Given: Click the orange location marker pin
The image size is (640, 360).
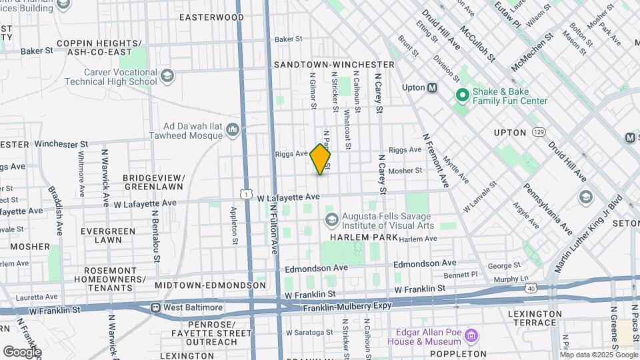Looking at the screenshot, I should click(x=320, y=159).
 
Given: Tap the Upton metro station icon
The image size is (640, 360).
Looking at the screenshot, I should click(x=433, y=88).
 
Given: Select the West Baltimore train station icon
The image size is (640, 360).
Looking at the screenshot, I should click(x=155, y=308).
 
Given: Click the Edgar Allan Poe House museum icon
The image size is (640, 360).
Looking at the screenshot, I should click(x=471, y=334).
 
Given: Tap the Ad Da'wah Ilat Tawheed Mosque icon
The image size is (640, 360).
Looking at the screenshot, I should click(x=233, y=129).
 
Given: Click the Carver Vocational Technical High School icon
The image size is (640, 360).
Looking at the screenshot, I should click(x=167, y=75).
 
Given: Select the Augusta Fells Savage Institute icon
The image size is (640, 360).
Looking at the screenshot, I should click(x=331, y=219).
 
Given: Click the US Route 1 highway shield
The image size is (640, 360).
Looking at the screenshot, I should click(x=247, y=194).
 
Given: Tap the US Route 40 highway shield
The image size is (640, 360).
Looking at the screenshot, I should click(x=531, y=288).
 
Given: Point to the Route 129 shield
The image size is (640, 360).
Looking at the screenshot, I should click(x=539, y=133).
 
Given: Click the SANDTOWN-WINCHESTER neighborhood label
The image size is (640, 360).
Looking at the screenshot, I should click(x=334, y=65).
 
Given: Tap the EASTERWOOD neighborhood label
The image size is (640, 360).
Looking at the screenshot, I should click(x=211, y=17).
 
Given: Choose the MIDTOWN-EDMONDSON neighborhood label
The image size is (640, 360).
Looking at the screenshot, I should click(x=211, y=285).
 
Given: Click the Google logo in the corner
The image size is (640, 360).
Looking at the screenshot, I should click(x=22, y=351).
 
